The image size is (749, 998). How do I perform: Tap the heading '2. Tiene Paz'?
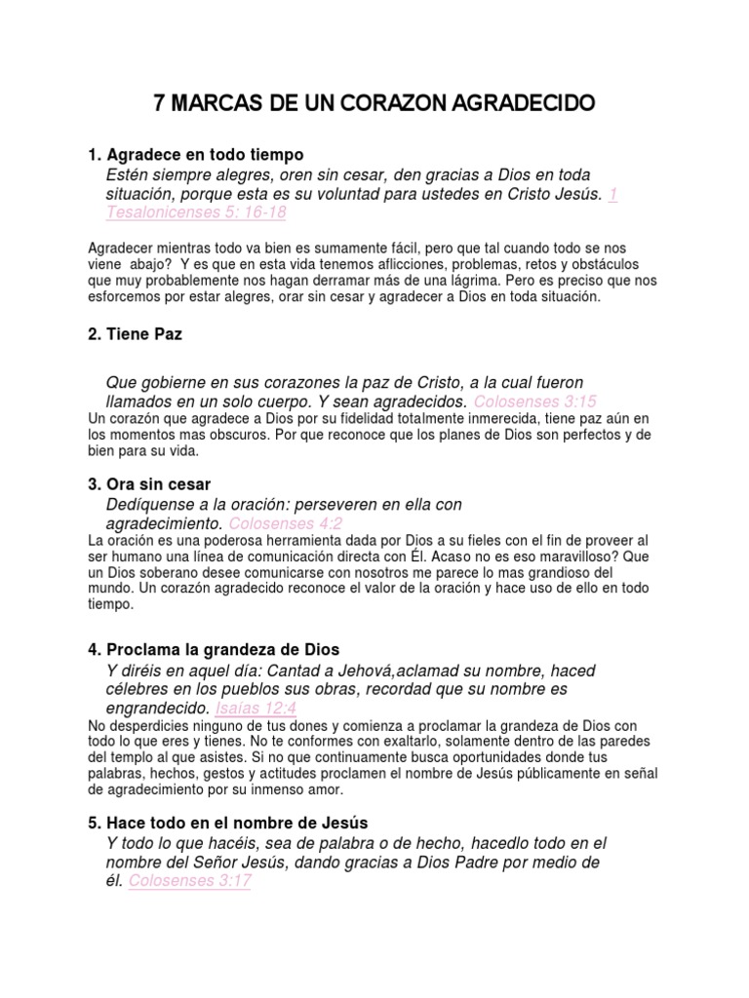click(x=135, y=334)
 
